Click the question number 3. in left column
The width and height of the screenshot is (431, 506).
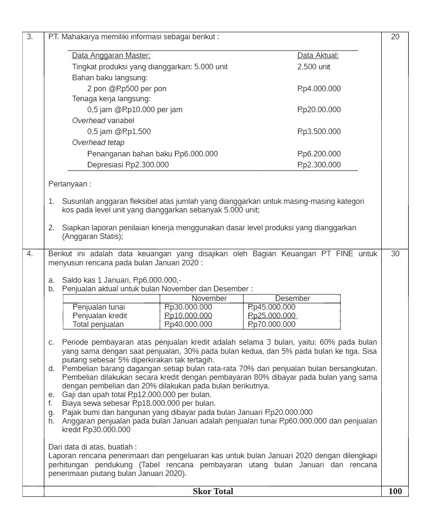point(30,37)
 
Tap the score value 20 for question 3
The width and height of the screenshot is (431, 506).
point(395,37)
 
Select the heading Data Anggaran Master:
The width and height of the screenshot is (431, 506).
point(111,56)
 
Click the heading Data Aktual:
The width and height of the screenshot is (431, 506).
point(318,56)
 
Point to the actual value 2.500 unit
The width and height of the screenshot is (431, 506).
point(314,67)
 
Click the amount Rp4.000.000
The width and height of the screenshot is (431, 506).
point(319,88)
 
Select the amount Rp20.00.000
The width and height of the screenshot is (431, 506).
point(319,109)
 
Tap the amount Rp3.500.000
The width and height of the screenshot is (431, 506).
point(319,131)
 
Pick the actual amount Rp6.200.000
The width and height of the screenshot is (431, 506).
point(319,154)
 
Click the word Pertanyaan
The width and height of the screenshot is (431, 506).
point(69,184)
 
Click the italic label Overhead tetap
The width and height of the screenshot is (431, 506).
point(98,142)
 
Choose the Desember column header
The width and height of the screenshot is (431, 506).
point(292,298)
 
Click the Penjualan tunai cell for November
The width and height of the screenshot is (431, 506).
point(188,307)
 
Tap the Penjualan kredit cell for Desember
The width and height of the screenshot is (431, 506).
point(271,315)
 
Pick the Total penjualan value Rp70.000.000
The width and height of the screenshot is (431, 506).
point(271,324)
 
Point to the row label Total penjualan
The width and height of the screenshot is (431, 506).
point(98,324)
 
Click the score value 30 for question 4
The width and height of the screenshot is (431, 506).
point(395,254)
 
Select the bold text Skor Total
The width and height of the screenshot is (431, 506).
point(213,491)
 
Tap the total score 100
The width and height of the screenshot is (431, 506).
point(395,491)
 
